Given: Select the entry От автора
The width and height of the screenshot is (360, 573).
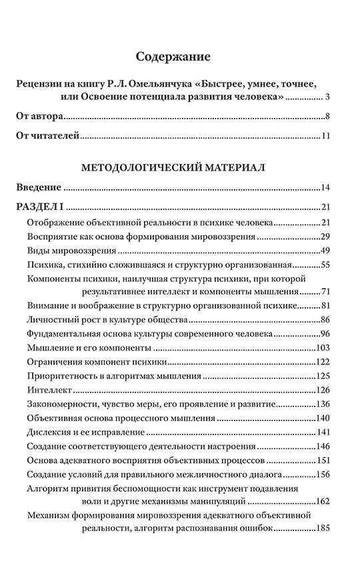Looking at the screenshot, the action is point(39,117).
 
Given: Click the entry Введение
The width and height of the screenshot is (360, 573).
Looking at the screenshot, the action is point(38,187).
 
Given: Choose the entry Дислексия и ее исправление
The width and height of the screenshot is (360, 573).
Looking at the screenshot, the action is point(86,432).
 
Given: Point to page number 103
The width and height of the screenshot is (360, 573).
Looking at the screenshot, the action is point(324,348).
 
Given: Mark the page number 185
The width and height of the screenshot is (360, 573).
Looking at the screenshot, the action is point(324,530).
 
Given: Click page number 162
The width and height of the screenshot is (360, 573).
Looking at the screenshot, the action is point(324,501).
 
